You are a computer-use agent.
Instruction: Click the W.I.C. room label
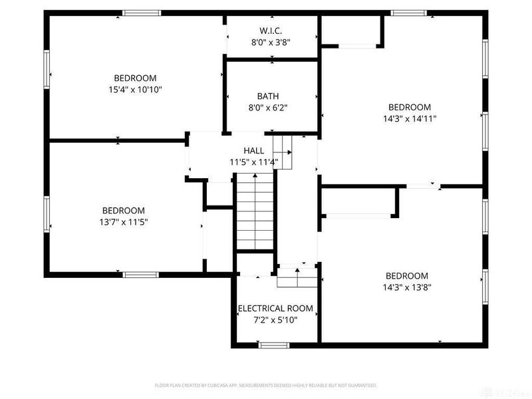(x=271, y=30)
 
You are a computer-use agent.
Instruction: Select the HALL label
(x=253, y=151)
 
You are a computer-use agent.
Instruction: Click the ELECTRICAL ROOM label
(x=275, y=309)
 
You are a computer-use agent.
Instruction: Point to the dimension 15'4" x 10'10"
(x=135, y=88)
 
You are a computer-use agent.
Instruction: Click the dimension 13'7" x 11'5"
(x=124, y=222)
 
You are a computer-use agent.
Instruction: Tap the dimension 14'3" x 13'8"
(x=407, y=287)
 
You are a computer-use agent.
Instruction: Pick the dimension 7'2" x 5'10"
(x=275, y=320)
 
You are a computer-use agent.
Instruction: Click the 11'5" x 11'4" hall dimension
(x=253, y=162)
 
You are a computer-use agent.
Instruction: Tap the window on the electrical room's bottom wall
(x=273, y=344)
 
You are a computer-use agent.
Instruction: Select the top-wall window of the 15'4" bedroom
(x=142, y=13)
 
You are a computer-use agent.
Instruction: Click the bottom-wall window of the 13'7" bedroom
(x=140, y=274)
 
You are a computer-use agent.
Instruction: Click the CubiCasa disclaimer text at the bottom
(x=266, y=385)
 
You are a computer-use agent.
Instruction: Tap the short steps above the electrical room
(x=298, y=277)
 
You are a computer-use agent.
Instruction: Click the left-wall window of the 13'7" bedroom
(x=47, y=215)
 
